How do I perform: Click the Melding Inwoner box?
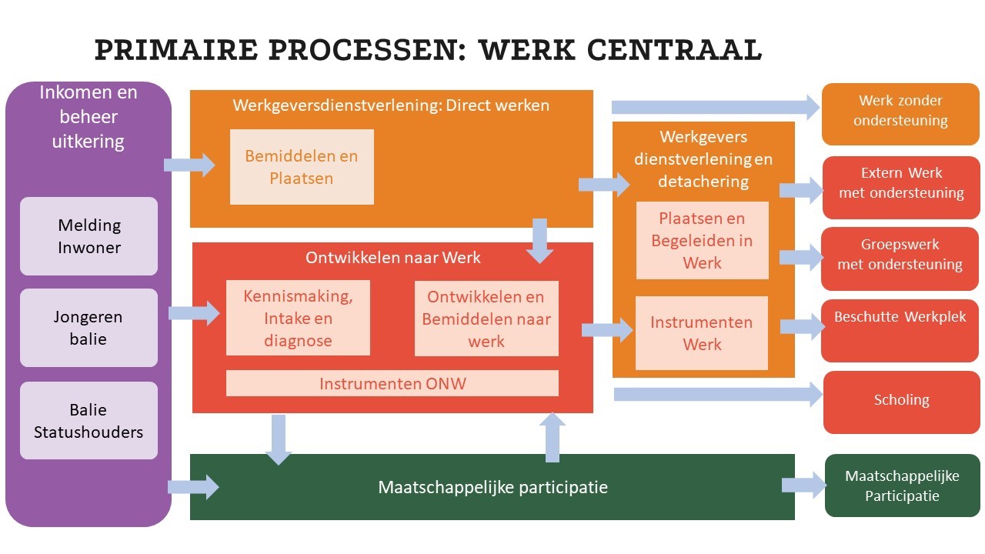[x=88, y=236]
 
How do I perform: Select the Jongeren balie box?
[x=88, y=328]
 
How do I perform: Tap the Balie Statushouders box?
[x=88, y=420]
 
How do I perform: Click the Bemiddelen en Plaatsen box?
[x=302, y=167]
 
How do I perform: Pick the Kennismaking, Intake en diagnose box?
[x=298, y=318]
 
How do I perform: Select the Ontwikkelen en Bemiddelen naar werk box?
[x=486, y=318]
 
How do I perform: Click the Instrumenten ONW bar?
[x=392, y=383]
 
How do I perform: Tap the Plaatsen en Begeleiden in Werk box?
[x=702, y=240]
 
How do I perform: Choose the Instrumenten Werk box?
[x=702, y=332]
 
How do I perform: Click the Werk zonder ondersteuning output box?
[x=900, y=114]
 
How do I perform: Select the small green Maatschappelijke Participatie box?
[x=902, y=486]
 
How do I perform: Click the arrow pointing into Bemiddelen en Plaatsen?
[x=189, y=164]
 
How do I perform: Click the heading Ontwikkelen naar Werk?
[x=392, y=258]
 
